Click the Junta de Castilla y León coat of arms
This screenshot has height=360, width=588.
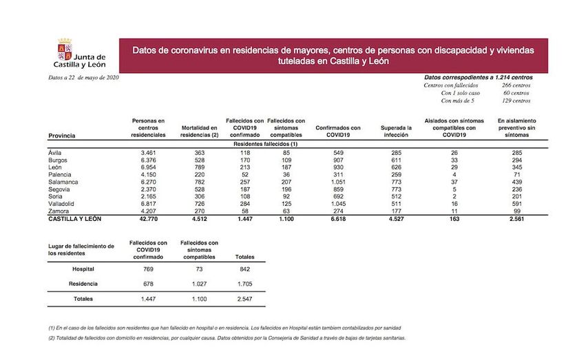pyautogui.click(x=65, y=50)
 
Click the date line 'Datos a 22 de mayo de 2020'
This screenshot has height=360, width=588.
pyautogui.click(x=75, y=78)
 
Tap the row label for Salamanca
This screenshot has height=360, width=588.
pyautogui.click(x=65, y=182)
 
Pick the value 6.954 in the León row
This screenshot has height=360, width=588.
pyautogui.click(x=148, y=167)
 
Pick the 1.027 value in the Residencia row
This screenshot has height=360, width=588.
pyautogui.click(x=199, y=284)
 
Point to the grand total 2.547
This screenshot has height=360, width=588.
pyautogui.click(x=244, y=299)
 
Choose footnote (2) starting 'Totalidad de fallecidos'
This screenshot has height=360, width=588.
pyautogui.click(x=228, y=339)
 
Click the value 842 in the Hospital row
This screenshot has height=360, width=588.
pyautogui.click(x=244, y=268)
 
